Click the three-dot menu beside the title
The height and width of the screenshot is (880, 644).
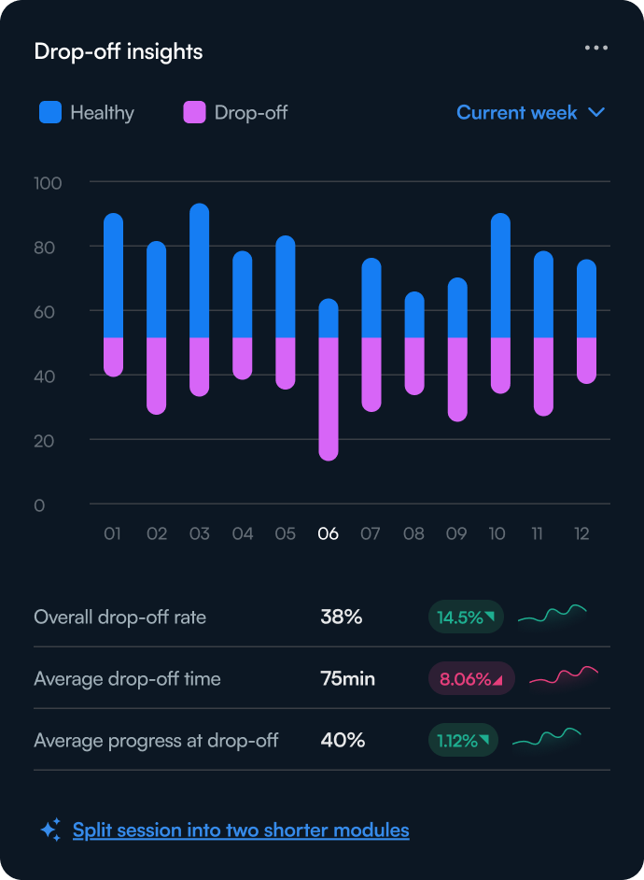click(x=596, y=48)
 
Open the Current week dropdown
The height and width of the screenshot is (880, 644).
click(x=530, y=113)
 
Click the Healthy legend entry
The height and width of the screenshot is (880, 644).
click(x=87, y=113)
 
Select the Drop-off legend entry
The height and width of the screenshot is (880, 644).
click(x=235, y=113)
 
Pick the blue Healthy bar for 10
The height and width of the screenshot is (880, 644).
click(x=500, y=276)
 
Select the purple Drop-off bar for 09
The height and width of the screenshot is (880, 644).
click(x=457, y=378)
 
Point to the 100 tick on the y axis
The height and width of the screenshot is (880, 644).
click(x=48, y=183)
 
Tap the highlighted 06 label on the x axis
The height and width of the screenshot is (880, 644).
click(x=328, y=534)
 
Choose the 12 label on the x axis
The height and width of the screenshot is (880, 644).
click(x=582, y=534)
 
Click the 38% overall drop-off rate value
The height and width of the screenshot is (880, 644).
click(x=341, y=617)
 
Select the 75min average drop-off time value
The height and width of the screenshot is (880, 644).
click(x=347, y=679)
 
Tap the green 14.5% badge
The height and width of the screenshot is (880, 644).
click(x=465, y=617)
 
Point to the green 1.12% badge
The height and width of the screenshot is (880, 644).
click(x=463, y=742)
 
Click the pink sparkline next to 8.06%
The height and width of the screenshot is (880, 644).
click(x=564, y=676)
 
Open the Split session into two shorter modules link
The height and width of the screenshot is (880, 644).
click(x=241, y=830)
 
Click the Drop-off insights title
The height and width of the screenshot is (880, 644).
click(x=118, y=51)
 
